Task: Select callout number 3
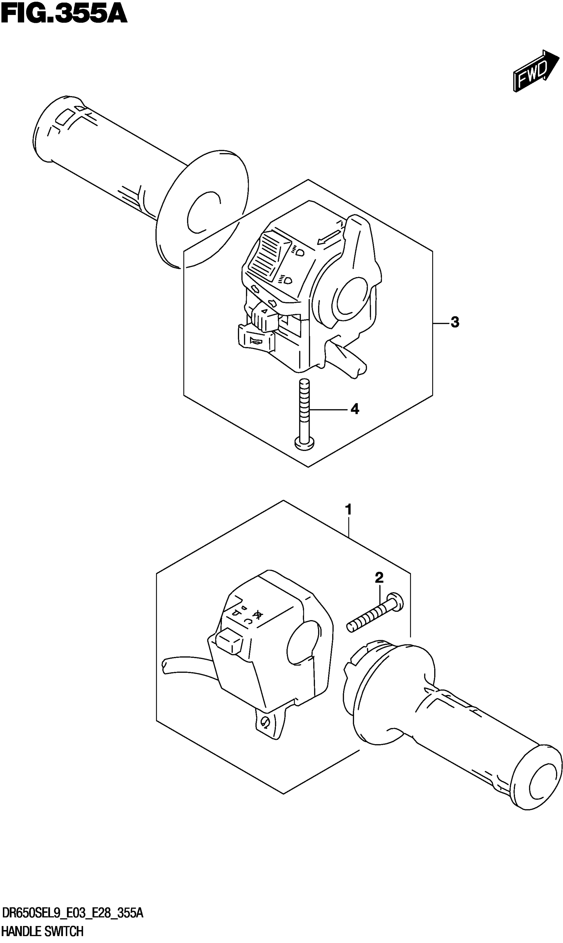click(x=455, y=322)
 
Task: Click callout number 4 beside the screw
click(x=354, y=409)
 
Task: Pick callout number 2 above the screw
click(x=379, y=578)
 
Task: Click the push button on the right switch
click(x=229, y=640)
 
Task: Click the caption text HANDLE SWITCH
click(x=42, y=931)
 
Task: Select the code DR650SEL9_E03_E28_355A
click(x=73, y=914)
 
